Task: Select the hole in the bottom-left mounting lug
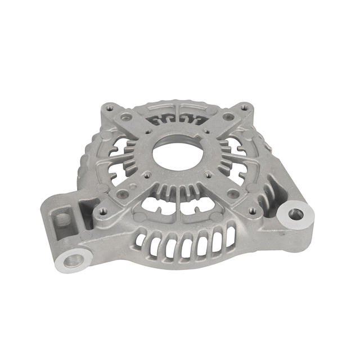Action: pyautogui.click(x=73, y=260)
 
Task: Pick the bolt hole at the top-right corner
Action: pyautogui.click(x=244, y=107)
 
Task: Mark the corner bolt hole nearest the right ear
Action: pyautogui.click(x=253, y=210)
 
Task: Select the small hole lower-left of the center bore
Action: pyautogui.click(x=147, y=175)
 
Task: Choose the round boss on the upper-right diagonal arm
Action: pyautogui.click(x=228, y=116)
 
